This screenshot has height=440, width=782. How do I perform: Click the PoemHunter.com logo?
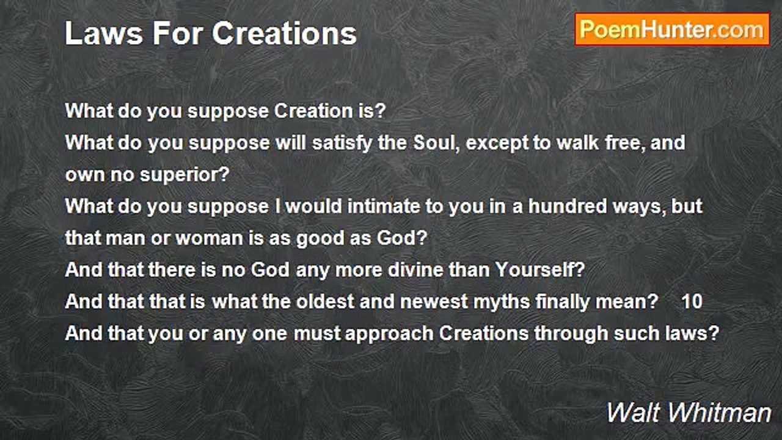click(x=672, y=29)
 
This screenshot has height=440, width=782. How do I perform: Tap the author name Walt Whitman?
click(x=689, y=413)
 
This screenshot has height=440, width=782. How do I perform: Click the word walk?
click(x=599, y=143)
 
